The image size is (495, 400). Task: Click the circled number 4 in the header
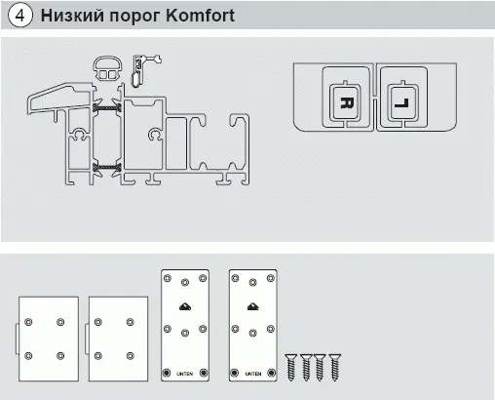[x=20, y=16]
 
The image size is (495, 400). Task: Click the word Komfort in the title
[x=200, y=16]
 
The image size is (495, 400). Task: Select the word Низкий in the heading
[x=72, y=16]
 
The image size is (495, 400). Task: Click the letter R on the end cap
[x=347, y=102]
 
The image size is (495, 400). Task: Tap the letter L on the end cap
[x=401, y=103]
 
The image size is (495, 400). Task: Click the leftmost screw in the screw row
[x=291, y=368]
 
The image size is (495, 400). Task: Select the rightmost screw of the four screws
[x=335, y=368]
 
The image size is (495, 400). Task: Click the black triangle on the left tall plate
[x=185, y=306]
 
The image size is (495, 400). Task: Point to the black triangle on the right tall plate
[x=253, y=306]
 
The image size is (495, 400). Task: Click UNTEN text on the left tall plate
[x=184, y=374]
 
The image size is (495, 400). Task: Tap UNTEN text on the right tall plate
[x=253, y=374]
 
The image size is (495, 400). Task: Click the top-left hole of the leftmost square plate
[x=28, y=322]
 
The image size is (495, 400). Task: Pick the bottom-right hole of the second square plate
[x=131, y=356]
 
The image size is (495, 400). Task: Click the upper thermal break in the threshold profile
[x=107, y=107]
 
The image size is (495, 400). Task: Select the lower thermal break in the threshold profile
[x=107, y=167]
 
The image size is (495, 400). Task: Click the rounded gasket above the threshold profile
[x=107, y=68]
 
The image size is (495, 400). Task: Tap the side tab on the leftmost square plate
[x=17, y=339]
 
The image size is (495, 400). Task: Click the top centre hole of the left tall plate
[x=185, y=282]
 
